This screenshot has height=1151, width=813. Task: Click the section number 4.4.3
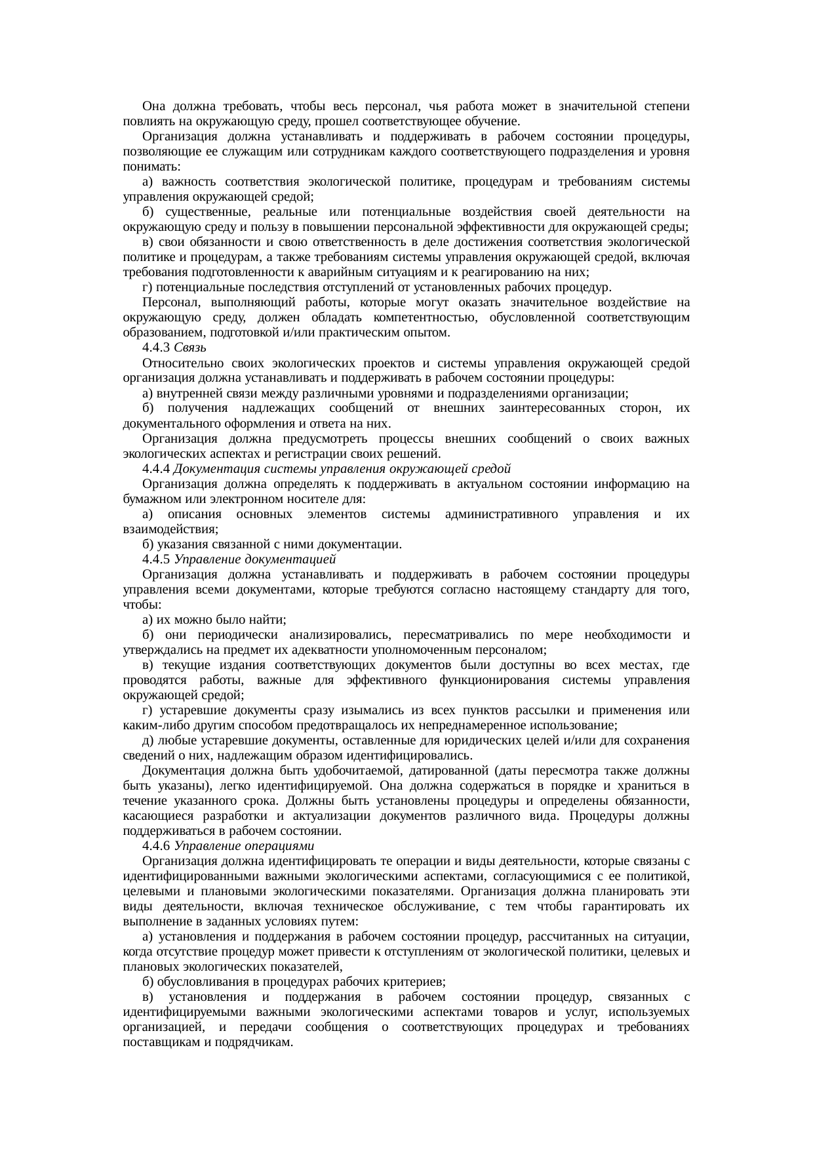click(157, 348)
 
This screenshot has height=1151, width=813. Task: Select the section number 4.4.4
click(157, 469)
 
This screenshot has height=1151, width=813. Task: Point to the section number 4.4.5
click(157, 559)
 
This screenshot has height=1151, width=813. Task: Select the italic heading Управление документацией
click(255, 559)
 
